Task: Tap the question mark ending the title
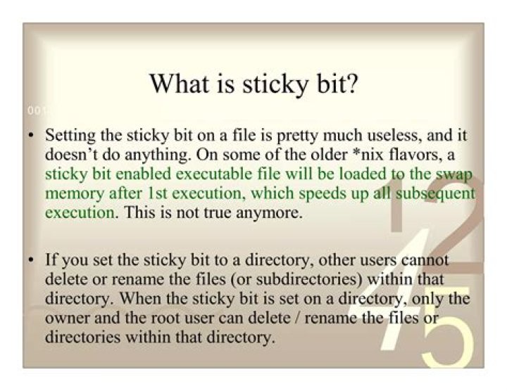(352, 84)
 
